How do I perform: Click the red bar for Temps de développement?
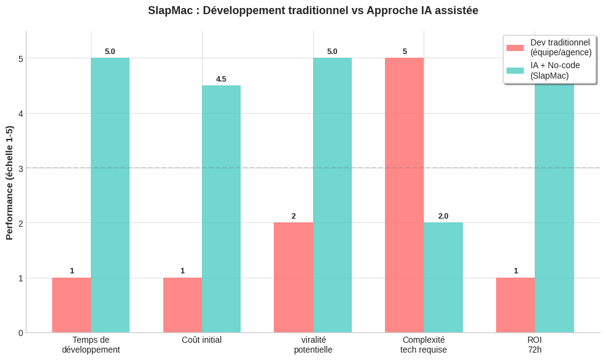click(71, 305)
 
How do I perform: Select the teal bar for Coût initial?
click(221, 209)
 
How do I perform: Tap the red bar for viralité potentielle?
click(293, 278)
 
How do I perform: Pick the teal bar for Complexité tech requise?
click(443, 278)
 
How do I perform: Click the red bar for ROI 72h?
click(516, 305)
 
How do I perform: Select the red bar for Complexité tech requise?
click(405, 195)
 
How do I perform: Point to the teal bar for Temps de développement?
click(111, 195)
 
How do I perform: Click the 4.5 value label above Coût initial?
click(221, 79)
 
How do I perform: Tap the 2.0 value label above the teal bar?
click(443, 216)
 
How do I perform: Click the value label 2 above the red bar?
click(293, 216)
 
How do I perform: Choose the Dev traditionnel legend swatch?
click(515, 48)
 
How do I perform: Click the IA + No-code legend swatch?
click(515, 71)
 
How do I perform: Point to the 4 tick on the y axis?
click(21, 114)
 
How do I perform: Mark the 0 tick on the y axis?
click(21, 333)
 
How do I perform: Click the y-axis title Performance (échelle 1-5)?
click(9, 182)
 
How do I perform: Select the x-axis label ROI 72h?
click(534, 345)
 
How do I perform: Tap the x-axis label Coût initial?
click(202, 340)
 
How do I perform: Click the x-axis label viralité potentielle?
click(313, 345)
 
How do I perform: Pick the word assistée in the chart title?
click(457, 10)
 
